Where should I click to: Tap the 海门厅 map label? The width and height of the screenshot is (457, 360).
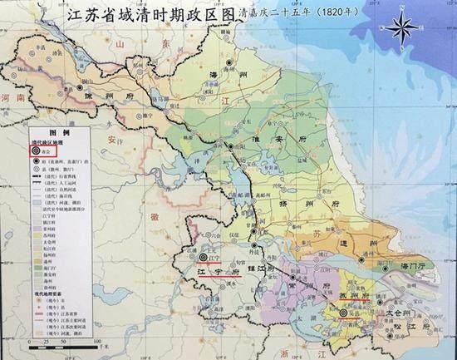coord(415,267)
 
